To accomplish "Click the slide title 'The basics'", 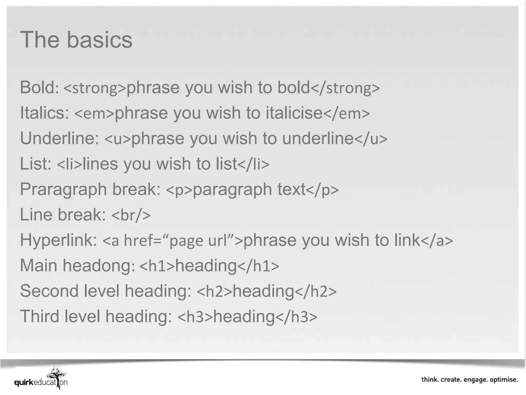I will (76, 40).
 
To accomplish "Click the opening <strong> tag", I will (95, 88).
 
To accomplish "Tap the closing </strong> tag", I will (345, 88).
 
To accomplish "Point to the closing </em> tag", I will (346, 113).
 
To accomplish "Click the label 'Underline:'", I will (59, 138).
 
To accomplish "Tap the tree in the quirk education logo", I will (57, 376).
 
